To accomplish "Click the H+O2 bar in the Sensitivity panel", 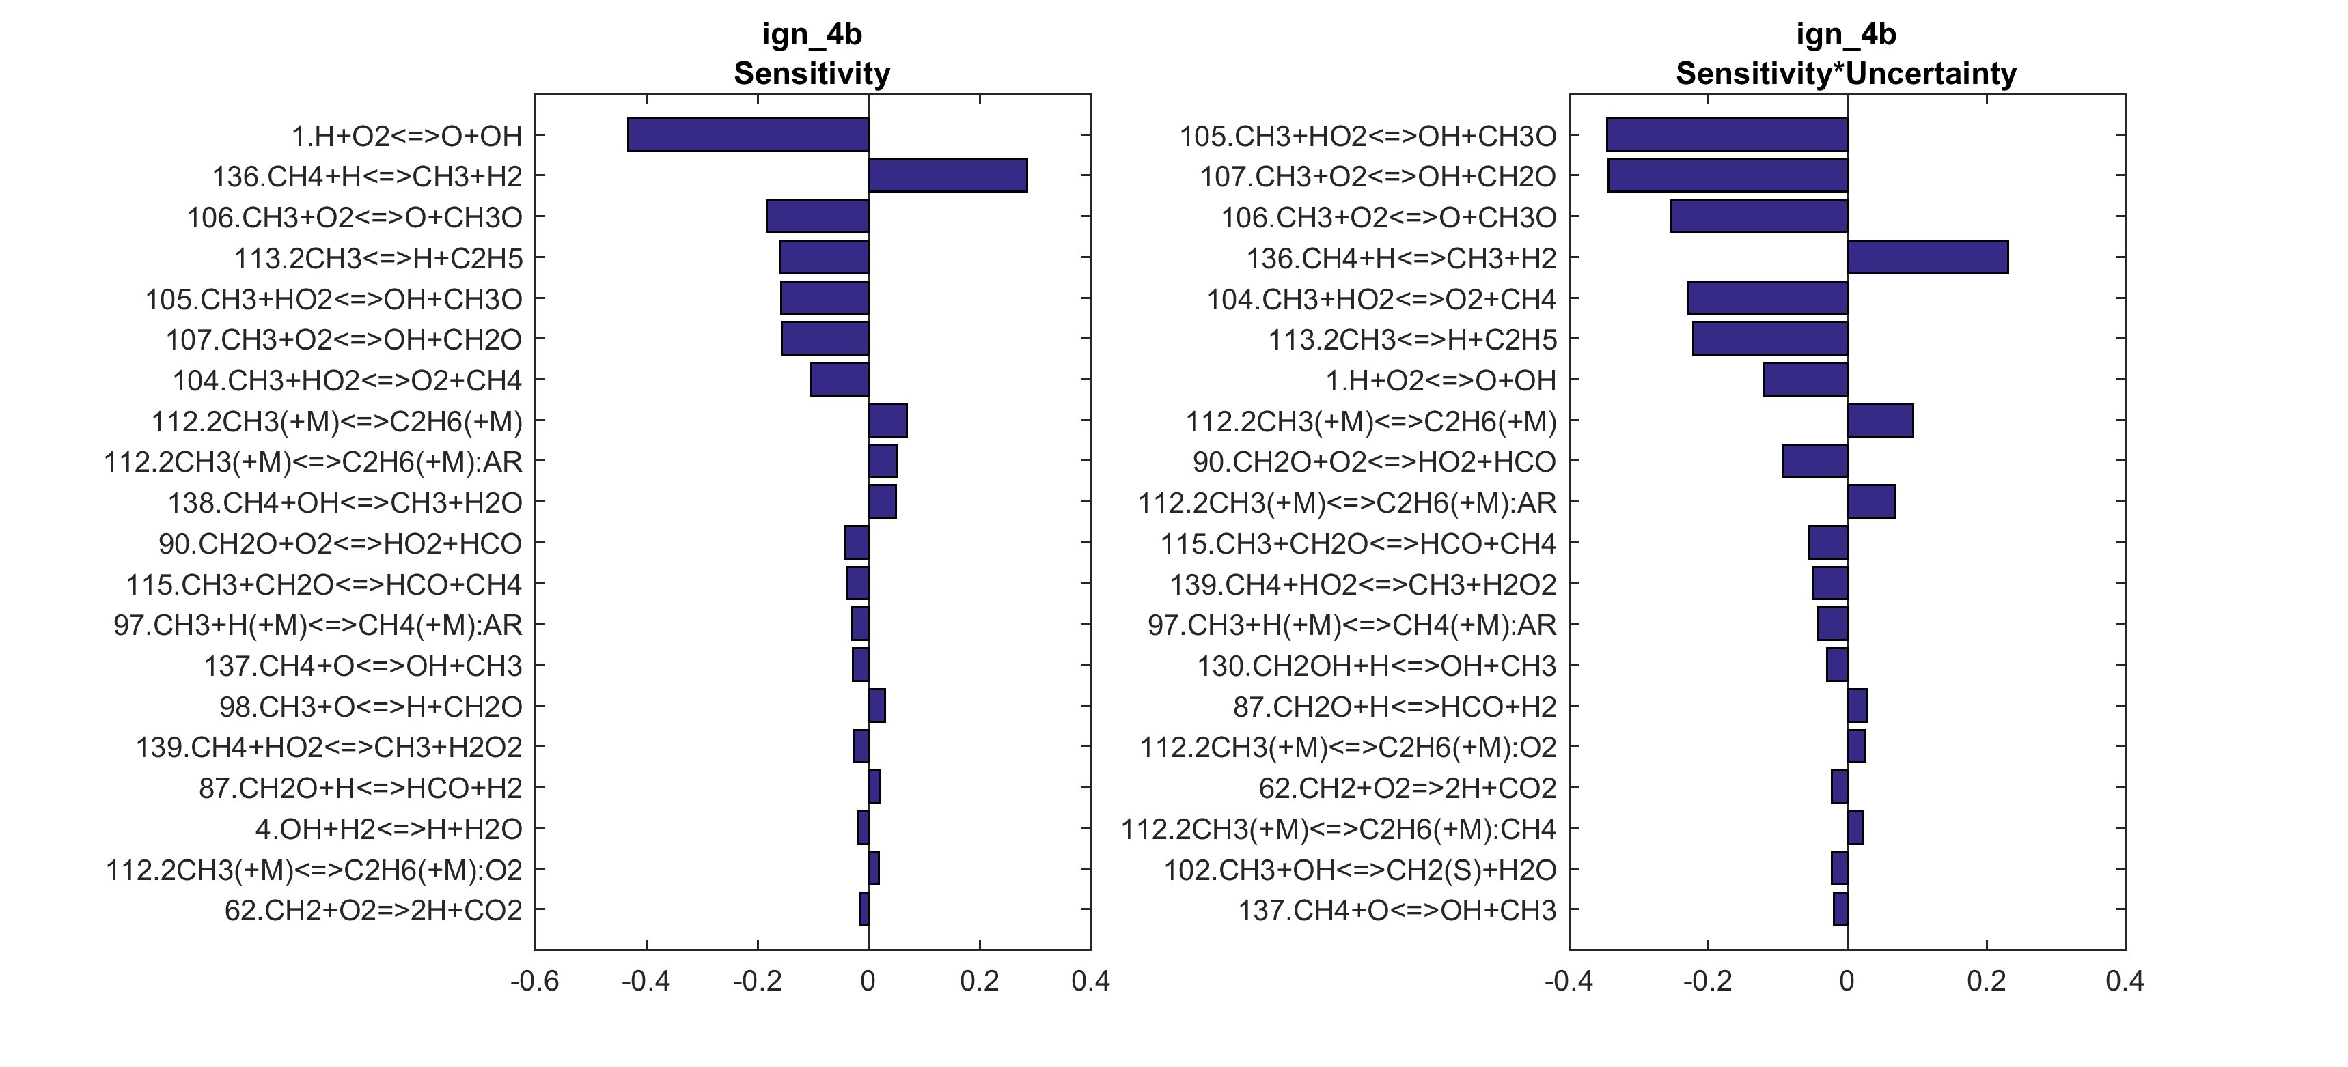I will coord(747,135).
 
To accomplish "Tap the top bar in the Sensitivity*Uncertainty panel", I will coord(1726,135).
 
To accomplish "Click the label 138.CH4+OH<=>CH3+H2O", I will coord(344,503).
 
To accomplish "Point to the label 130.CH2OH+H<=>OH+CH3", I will coord(1377,666).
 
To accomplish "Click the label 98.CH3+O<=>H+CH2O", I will coord(370,707).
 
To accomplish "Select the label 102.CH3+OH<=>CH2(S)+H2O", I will coord(1360,870).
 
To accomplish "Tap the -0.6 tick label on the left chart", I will coord(534,982).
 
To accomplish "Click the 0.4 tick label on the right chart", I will coord(2125,982).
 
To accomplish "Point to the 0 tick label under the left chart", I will coord(868,982).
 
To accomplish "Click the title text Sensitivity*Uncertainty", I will coord(1846,74).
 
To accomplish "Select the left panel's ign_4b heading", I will coord(811,35).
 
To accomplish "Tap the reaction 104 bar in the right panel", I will coord(1767,298).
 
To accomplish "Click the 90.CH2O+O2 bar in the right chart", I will coord(1814,461).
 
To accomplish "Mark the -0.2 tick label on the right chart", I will coord(1707,982).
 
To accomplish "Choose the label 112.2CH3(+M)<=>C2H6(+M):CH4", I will coord(1338,829).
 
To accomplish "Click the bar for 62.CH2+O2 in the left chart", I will coord(864,909).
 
